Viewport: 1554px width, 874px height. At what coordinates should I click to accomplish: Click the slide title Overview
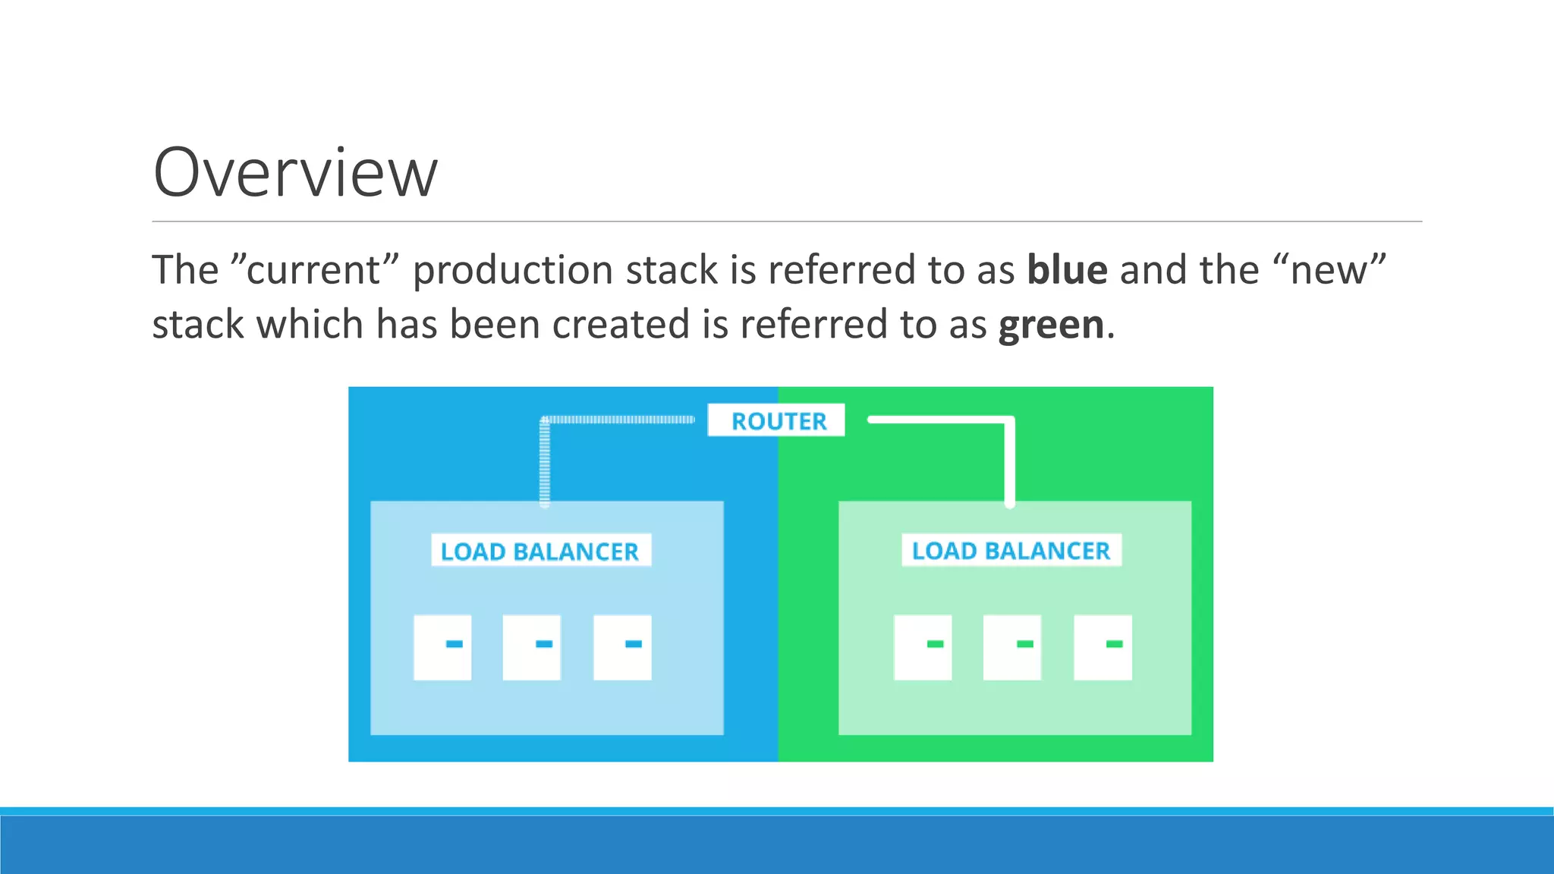point(295,173)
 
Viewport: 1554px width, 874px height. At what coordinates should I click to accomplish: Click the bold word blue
point(1067,270)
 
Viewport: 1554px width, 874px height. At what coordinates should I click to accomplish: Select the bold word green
point(1051,325)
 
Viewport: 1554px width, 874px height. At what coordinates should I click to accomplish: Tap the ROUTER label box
point(776,420)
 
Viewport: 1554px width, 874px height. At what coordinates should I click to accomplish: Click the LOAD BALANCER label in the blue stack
point(540,551)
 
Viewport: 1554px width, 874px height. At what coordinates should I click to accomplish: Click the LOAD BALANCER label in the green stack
point(1011,550)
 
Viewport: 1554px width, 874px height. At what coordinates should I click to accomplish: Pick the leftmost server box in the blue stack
point(442,647)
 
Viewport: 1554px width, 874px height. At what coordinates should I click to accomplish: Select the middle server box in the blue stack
point(532,647)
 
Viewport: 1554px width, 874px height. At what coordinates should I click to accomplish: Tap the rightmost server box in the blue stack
point(622,647)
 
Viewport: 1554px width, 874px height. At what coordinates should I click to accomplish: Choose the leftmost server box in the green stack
point(923,647)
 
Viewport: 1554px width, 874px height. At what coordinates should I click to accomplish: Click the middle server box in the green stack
point(1012,647)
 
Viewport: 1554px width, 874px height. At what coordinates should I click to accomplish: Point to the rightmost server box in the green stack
point(1103,647)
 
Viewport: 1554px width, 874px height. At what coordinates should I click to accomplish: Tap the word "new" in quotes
point(1329,271)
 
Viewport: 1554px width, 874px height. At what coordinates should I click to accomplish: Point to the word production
point(512,271)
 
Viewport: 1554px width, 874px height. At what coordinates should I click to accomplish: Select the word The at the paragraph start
point(185,271)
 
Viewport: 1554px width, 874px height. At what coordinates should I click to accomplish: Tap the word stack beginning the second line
point(197,325)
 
